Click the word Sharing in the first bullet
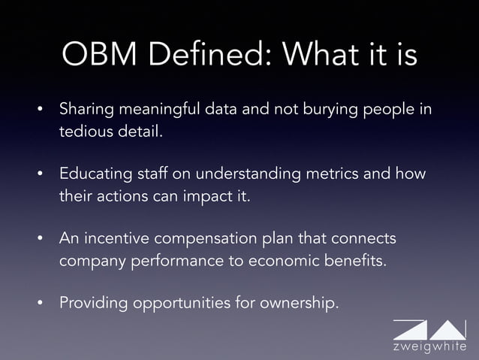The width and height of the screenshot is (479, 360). click(x=86, y=110)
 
